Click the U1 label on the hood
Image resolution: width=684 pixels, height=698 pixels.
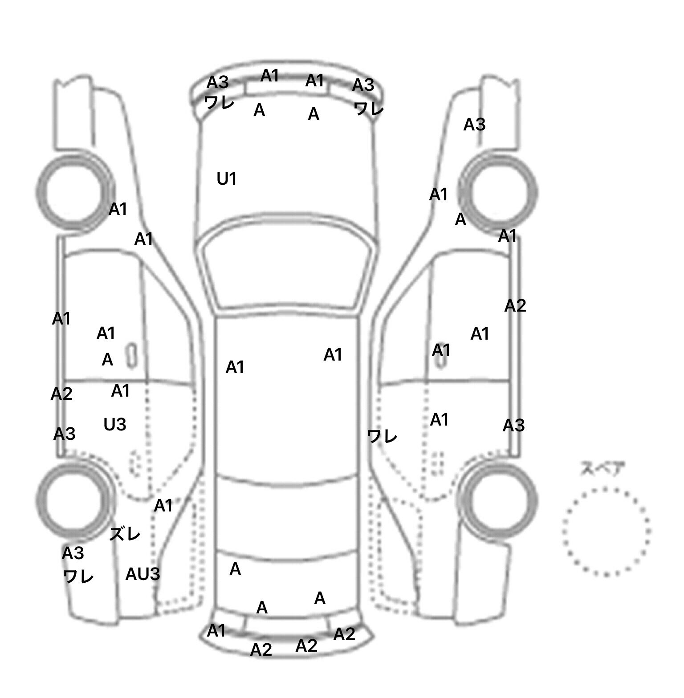[x=226, y=179]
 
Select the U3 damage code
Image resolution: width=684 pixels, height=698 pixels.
[x=115, y=425]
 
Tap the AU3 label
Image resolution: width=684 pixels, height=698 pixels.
[x=142, y=574]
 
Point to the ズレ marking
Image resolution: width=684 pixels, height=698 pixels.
[x=125, y=534]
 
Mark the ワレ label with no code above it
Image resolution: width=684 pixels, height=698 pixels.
[x=382, y=436]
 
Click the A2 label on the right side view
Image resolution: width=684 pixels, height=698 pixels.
[x=515, y=306]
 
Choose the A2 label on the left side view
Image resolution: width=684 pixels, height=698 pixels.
[x=61, y=394]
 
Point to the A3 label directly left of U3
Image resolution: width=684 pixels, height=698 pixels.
[x=65, y=434]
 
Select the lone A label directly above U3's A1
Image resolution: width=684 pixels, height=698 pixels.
[x=107, y=360]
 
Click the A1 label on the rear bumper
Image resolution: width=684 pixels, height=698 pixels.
[x=216, y=631]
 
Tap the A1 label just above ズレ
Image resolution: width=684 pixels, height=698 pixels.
[x=163, y=506]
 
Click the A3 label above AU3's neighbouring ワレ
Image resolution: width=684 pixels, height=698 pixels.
[x=73, y=553]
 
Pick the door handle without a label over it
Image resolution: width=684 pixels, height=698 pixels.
[x=132, y=355]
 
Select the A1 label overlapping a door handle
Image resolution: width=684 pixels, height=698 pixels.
[x=441, y=351]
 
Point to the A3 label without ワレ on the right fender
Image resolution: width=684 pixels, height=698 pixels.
[x=474, y=125]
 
